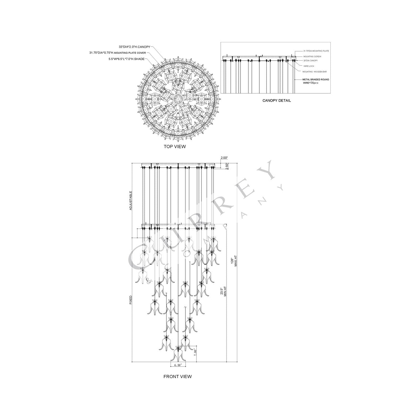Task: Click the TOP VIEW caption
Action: (x=174, y=146)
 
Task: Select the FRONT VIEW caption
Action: (x=177, y=376)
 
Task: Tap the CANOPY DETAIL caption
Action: (x=276, y=101)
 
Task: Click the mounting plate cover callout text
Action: (x=118, y=53)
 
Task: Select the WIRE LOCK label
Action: (x=309, y=66)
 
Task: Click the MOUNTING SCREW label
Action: (x=312, y=56)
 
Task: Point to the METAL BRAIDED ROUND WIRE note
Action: (x=316, y=81)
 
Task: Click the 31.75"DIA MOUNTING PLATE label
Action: (x=316, y=51)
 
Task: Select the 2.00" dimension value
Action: (x=224, y=158)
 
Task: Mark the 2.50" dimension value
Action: (x=228, y=166)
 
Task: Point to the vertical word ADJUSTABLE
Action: (x=131, y=201)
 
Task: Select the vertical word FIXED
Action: (x=131, y=300)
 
